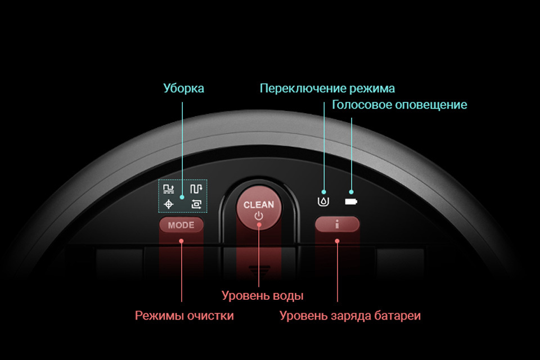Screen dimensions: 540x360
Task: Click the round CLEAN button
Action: pyautogui.click(x=259, y=209)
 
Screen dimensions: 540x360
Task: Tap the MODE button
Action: pyautogui.click(x=181, y=225)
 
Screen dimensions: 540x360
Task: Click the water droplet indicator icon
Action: pyautogui.click(x=323, y=201)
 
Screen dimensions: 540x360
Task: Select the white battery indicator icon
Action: pyautogui.click(x=351, y=201)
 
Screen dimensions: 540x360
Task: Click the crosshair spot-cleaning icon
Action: pyautogui.click(x=168, y=204)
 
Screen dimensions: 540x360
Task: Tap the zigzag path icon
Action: pyautogui.click(x=196, y=189)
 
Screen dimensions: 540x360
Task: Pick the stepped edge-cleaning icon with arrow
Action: pyautogui.click(x=168, y=189)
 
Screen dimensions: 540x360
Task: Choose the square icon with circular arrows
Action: pyautogui.click(x=196, y=204)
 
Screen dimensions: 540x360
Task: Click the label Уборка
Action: pyautogui.click(x=183, y=88)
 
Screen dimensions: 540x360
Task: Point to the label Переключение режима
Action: pyautogui.click(x=327, y=88)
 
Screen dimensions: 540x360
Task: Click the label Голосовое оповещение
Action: pyautogui.click(x=399, y=105)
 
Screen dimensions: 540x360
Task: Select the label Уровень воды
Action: pyautogui.click(x=263, y=295)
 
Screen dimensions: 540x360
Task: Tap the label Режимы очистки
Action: pyautogui.click(x=184, y=316)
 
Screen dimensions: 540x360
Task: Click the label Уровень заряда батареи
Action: pyautogui.click(x=350, y=316)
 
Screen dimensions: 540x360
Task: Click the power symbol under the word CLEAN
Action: pyautogui.click(x=259, y=217)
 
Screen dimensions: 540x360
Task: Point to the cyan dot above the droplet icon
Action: pyautogui.click(x=324, y=192)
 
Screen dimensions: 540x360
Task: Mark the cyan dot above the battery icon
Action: pyautogui.click(x=351, y=192)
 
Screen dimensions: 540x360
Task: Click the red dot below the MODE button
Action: pyautogui.click(x=182, y=241)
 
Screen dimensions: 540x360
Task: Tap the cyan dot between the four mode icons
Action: pyautogui.click(x=182, y=197)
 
